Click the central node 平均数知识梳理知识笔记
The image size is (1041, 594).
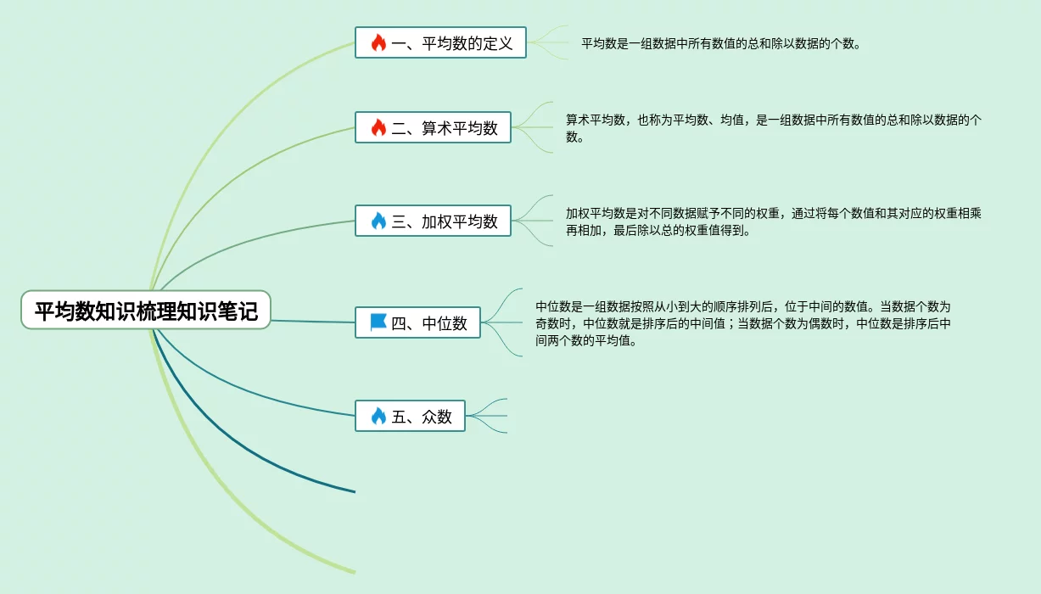coord(146,310)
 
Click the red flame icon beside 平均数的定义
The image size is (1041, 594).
coord(378,42)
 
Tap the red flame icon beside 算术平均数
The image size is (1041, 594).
coord(378,128)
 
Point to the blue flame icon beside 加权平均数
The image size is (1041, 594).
coord(378,221)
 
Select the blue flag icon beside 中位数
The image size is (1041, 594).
coord(378,322)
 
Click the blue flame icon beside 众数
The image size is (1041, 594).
coord(378,417)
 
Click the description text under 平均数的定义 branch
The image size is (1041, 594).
coord(721,43)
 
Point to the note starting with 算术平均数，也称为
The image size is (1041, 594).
coord(773,128)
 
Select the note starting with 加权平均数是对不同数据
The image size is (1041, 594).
coord(773,221)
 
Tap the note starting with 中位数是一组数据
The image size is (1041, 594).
coord(743,323)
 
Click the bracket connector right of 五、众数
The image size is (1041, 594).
coord(487,416)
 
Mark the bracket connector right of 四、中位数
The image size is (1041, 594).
coord(502,322)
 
